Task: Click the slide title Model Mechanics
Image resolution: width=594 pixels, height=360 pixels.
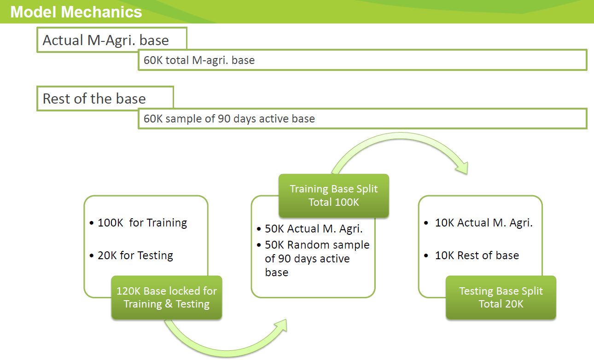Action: [76, 12]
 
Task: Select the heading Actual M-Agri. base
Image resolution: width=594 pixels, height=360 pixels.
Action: [106, 40]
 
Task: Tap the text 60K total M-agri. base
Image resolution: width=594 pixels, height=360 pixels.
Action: [199, 60]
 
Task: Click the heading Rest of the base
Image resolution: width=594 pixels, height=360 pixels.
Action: [94, 99]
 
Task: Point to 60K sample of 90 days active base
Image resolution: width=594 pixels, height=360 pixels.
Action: [229, 118]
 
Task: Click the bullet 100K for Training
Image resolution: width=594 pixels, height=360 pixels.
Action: [142, 223]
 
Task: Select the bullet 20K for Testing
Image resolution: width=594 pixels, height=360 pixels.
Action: [135, 255]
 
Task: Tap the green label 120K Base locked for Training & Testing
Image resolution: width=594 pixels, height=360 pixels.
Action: [166, 297]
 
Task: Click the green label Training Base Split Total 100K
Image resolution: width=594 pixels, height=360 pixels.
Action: [333, 195]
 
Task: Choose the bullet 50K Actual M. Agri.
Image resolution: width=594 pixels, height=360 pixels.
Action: [313, 229]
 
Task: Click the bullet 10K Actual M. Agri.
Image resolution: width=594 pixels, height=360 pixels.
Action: [483, 223]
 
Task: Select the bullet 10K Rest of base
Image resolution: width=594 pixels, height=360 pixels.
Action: [477, 255]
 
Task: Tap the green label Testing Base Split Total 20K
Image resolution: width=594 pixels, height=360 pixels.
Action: [501, 297]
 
